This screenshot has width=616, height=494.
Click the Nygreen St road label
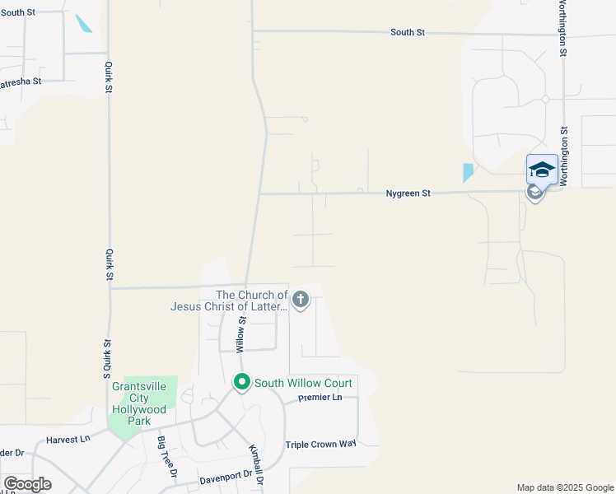click(x=408, y=193)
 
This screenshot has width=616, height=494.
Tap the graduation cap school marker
click(x=541, y=170)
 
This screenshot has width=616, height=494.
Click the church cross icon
click(x=301, y=300)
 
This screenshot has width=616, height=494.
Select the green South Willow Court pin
click(x=242, y=383)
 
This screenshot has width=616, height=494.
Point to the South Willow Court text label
click(x=303, y=383)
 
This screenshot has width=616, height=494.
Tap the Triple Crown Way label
click(x=320, y=445)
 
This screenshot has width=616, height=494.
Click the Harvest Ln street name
click(x=68, y=440)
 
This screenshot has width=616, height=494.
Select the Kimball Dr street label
click(x=256, y=464)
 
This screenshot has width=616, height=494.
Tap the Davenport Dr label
click(x=225, y=476)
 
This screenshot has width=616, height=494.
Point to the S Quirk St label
click(x=107, y=355)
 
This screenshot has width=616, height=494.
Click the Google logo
click(x=27, y=484)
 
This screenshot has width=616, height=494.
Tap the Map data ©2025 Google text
click(x=565, y=487)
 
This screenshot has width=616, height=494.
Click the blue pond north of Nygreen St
click(x=468, y=173)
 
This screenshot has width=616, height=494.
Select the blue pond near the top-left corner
click(x=84, y=24)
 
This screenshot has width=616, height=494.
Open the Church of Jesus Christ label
click(x=229, y=301)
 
